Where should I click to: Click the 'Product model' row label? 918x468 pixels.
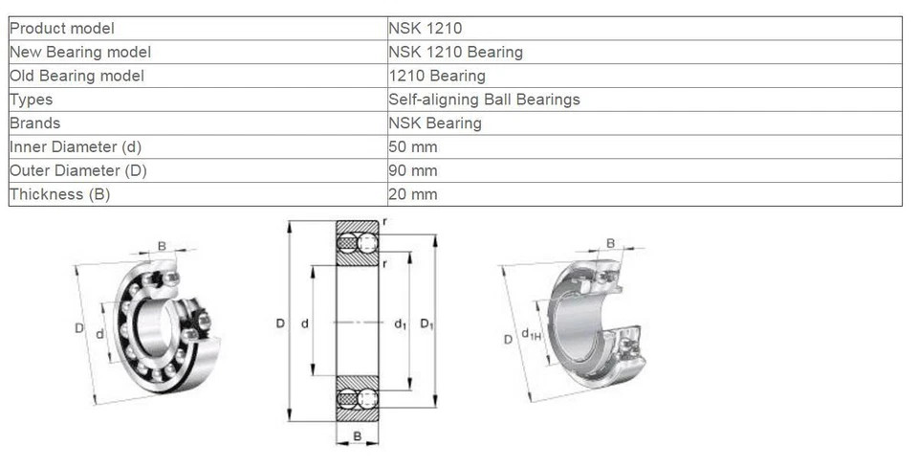click(62, 28)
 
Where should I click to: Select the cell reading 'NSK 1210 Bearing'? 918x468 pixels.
click(455, 52)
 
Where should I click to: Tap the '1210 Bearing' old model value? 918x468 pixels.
click(437, 77)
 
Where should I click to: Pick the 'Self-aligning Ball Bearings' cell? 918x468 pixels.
click(484, 100)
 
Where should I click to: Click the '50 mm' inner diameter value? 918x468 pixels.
click(413, 147)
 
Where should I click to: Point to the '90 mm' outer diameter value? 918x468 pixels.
click(413, 171)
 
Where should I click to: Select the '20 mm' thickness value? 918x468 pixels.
click(413, 194)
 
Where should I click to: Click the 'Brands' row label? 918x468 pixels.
click(35, 123)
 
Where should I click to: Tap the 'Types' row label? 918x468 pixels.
click(31, 100)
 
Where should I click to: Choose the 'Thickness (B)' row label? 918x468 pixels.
click(59, 194)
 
